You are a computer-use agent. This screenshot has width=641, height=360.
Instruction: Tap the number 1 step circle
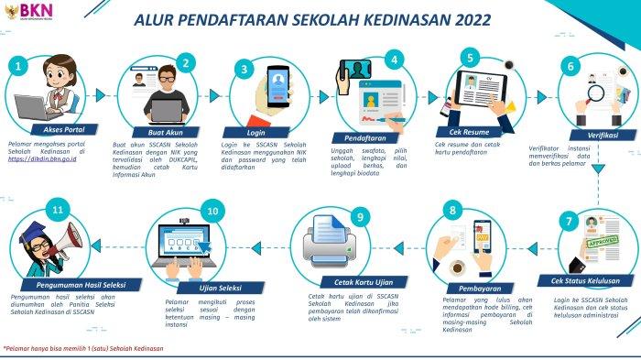(x=18, y=66)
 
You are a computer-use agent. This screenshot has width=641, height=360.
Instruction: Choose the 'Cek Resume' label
(x=471, y=131)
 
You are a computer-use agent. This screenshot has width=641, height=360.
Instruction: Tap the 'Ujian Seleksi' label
(x=212, y=287)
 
